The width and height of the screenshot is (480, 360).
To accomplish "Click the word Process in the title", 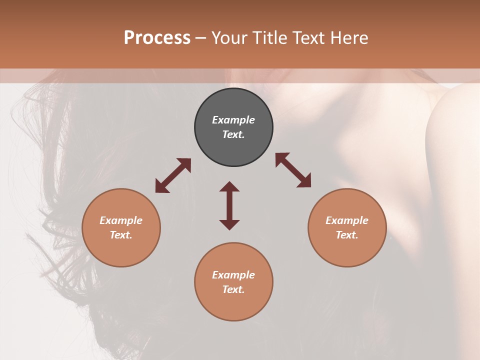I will [x=157, y=38].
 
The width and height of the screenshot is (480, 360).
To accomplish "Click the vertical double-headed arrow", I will [x=229, y=205].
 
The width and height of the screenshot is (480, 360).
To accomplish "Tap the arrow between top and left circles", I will [x=173, y=175].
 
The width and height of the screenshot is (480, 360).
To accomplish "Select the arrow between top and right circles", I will [x=293, y=170].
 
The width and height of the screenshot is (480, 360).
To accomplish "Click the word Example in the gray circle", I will [x=233, y=120].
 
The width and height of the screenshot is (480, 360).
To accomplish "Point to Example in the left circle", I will [x=121, y=220].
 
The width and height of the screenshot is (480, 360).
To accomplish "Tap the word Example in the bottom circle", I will [x=233, y=275].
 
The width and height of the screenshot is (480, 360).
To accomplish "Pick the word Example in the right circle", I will [x=347, y=220].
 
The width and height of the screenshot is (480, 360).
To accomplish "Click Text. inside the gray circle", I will [x=233, y=134].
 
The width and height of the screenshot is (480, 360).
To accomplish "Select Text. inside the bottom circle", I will [x=233, y=289].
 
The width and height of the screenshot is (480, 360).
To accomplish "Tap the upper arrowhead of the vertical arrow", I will [x=229, y=186].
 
